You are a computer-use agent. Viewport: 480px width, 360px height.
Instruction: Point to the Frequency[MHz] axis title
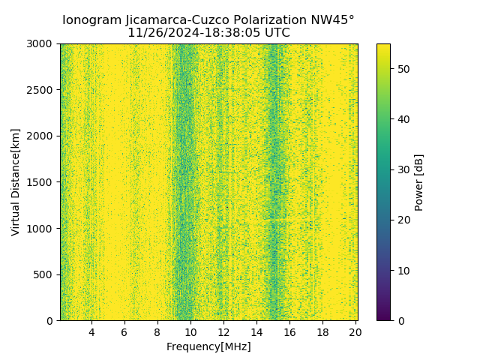[208, 346]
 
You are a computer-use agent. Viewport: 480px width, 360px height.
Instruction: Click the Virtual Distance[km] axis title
[16, 182]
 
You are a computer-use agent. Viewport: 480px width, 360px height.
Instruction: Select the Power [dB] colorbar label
[419, 182]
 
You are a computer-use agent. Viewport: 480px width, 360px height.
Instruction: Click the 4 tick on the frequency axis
[91, 331]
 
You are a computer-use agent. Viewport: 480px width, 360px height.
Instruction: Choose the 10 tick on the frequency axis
[190, 331]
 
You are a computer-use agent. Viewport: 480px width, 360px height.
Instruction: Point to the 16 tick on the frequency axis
[289, 331]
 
